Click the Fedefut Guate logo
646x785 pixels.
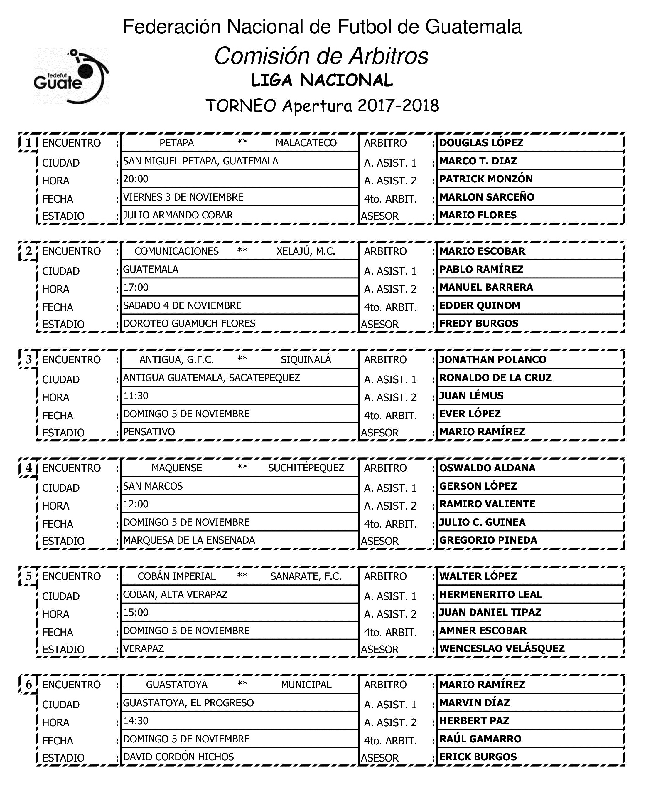coord(71,76)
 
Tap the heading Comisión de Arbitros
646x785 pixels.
coord(321,56)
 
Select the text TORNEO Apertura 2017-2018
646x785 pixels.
coord(322,106)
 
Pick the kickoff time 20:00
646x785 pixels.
coord(136,179)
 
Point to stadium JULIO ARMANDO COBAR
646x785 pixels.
coord(178,215)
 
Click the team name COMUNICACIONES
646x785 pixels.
coord(176,251)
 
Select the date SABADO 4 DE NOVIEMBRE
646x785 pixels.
coord(182,306)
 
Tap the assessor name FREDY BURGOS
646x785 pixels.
coord(479,324)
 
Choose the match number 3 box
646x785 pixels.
coord(29,359)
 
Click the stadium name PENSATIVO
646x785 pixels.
coord(149,432)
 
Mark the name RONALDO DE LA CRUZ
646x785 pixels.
coord(495,378)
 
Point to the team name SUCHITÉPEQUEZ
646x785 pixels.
coord(306,468)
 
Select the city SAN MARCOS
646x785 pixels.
coord(153,486)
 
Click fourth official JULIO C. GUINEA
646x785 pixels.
coord(482,522)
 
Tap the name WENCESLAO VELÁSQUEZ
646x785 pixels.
coord(502,649)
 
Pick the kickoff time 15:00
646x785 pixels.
coord(136,613)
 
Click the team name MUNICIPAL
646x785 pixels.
coord(306,685)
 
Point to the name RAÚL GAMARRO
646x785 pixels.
coord(480,739)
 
